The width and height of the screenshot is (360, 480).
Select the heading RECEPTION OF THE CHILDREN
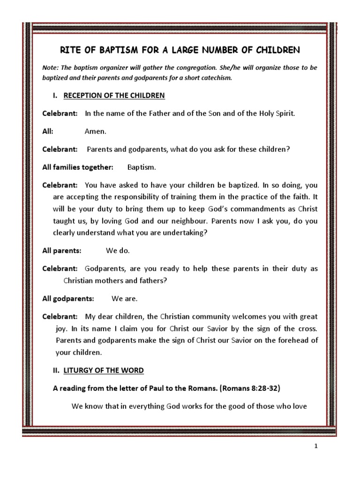(114, 96)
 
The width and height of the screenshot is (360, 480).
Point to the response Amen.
(95, 132)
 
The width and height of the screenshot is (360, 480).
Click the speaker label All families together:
(78, 167)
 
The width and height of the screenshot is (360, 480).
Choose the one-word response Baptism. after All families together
(142, 167)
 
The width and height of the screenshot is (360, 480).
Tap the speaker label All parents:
(62, 251)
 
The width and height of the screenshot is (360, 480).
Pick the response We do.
(118, 251)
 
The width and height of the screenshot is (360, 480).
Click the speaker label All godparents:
(68, 299)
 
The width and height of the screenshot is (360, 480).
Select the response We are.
(125, 299)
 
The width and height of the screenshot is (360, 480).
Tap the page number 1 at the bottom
(316, 447)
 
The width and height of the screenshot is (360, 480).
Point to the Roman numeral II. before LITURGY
(56, 370)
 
